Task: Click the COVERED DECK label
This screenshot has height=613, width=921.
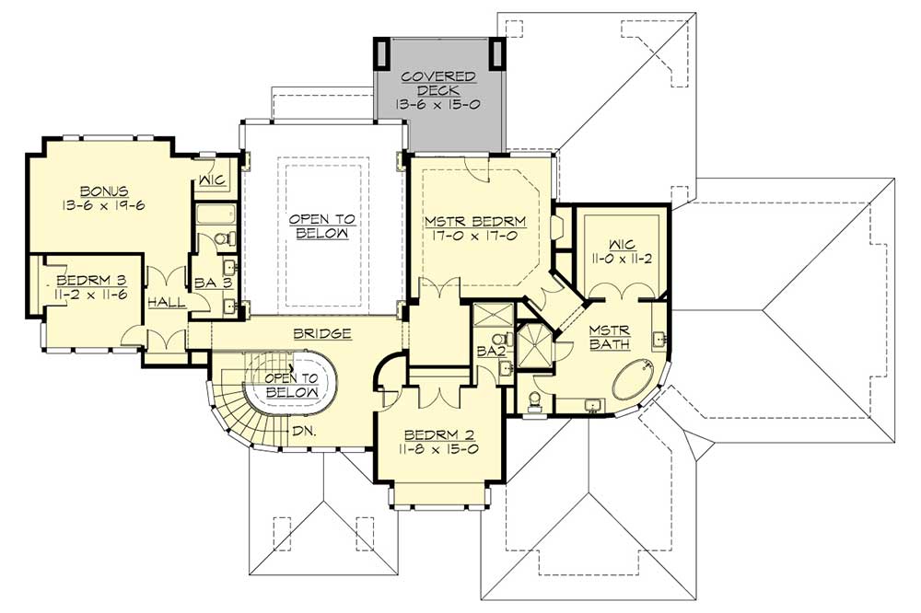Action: click(438, 84)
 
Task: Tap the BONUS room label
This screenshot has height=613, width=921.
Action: click(105, 191)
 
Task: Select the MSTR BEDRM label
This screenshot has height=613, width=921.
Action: click(475, 222)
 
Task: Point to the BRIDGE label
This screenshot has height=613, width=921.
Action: click(322, 333)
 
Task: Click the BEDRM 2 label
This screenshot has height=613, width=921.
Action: click(439, 435)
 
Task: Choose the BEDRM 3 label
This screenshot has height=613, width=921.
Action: click(91, 280)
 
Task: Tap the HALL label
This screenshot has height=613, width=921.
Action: click(167, 303)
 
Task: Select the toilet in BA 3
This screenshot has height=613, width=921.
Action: click(225, 239)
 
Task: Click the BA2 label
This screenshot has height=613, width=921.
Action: click(491, 351)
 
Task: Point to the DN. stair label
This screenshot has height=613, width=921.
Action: click(304, 431)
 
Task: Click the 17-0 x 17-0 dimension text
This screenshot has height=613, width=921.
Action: click(475, 237)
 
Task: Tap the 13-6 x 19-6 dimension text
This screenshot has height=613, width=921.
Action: click(103, 205)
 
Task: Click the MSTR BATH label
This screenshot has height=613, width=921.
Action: click(610, 337)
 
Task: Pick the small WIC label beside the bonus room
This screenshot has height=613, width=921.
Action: click(213, 179)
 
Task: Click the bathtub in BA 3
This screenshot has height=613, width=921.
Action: click(216, 214)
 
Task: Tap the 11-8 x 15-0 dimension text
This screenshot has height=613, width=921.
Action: click(439, 449)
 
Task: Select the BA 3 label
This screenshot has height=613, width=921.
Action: click(214, 283)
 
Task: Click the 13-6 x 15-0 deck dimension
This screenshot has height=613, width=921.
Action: click(438, 105)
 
